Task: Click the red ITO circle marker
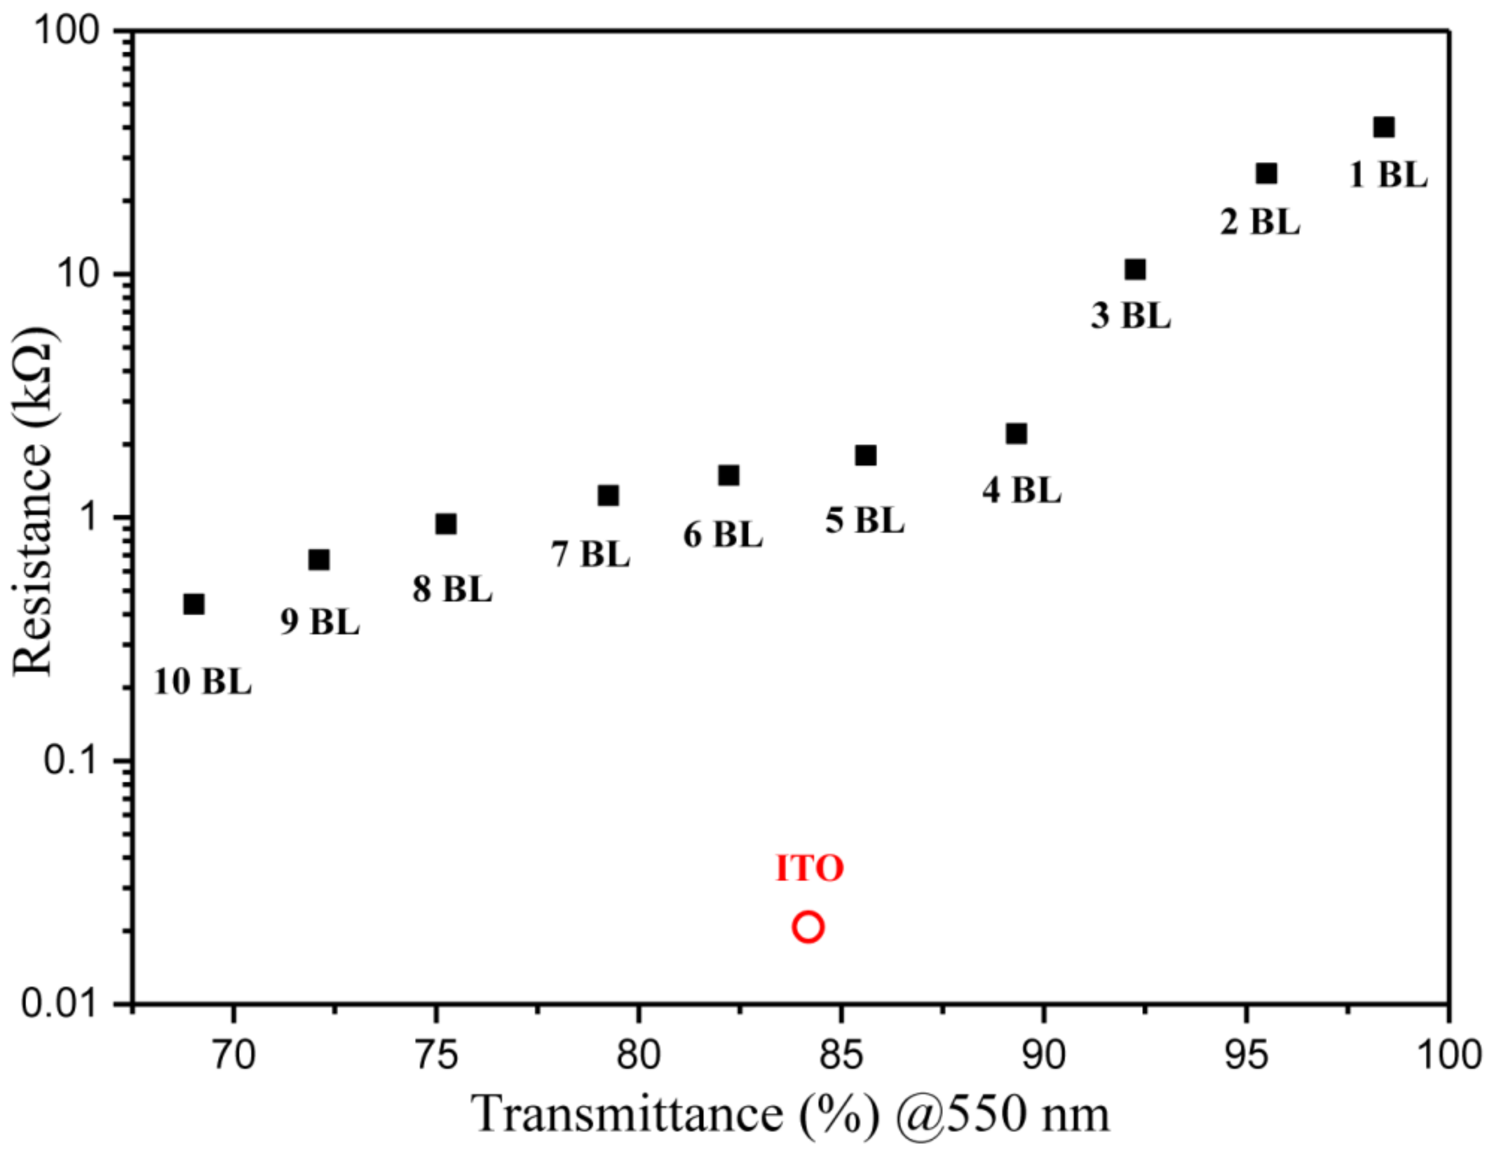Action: (808, 927)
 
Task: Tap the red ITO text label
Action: (809, 868)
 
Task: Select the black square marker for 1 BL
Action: (1383, 127)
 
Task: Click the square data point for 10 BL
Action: (194, 604)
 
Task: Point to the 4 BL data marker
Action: (1016, 434)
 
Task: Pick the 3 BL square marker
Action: (1135, 269)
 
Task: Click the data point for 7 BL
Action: (607, 495)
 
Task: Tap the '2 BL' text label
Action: (1260, 222)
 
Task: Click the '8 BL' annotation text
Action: (452, 589)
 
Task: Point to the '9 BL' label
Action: (320, 622)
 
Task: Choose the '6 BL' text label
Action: (722, 535)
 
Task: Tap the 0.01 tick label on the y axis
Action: (61, 1004)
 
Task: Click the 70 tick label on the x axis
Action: (234, 1055)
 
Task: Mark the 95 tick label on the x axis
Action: (1246, 1055)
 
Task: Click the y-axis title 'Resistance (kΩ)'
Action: (33, 500)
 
